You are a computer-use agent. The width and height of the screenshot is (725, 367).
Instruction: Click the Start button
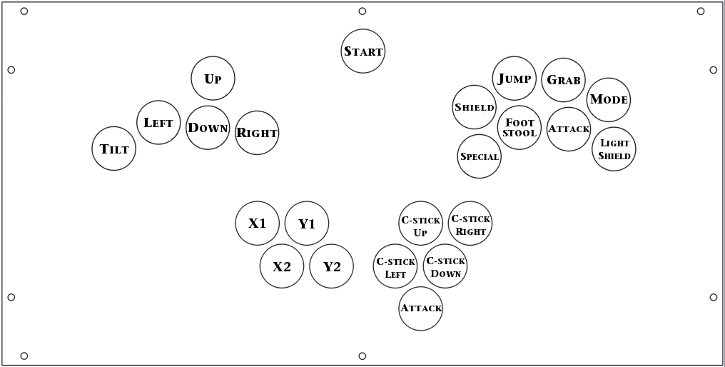click(363, 51)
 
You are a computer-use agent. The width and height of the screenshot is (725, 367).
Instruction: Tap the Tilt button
click(114, 149)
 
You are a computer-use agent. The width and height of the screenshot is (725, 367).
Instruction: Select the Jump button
click(514, 79)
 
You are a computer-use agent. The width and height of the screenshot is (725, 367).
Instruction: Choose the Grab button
click(564, 80)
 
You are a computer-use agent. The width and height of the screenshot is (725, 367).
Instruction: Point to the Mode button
click(609, 100)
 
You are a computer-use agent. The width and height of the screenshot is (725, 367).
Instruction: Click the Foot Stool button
click(519, 128)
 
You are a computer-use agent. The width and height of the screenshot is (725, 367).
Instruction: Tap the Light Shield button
click(614, 149)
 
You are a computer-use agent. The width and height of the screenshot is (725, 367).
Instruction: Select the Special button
click(480, 156)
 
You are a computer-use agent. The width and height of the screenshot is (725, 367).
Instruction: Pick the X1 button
click(258, 223)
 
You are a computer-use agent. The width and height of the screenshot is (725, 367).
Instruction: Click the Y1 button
click(307, 223)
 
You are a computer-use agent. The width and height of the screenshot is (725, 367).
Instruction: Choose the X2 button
click(282, 266)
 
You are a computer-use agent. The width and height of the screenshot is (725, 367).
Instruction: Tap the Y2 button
click(332, 266)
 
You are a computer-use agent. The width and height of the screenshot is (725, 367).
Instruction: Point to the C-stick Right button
click(470, 223)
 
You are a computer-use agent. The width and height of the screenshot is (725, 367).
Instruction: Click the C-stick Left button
click(396, 266)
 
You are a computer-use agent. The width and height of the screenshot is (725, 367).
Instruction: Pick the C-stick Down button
click(445, 266)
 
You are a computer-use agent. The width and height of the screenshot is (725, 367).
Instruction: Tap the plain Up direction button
click(213, 79)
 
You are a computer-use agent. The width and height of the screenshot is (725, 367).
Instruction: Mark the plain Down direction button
click(208, 128)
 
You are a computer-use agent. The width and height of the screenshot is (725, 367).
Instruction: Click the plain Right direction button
click(257, 133)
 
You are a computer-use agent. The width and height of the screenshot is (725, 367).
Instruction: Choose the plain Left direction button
click(158, 122)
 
